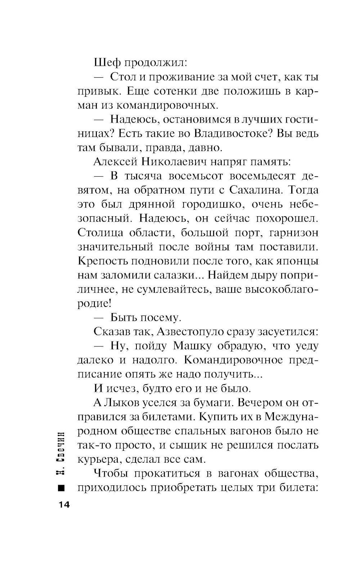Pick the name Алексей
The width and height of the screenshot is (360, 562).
tap(115, 162)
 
